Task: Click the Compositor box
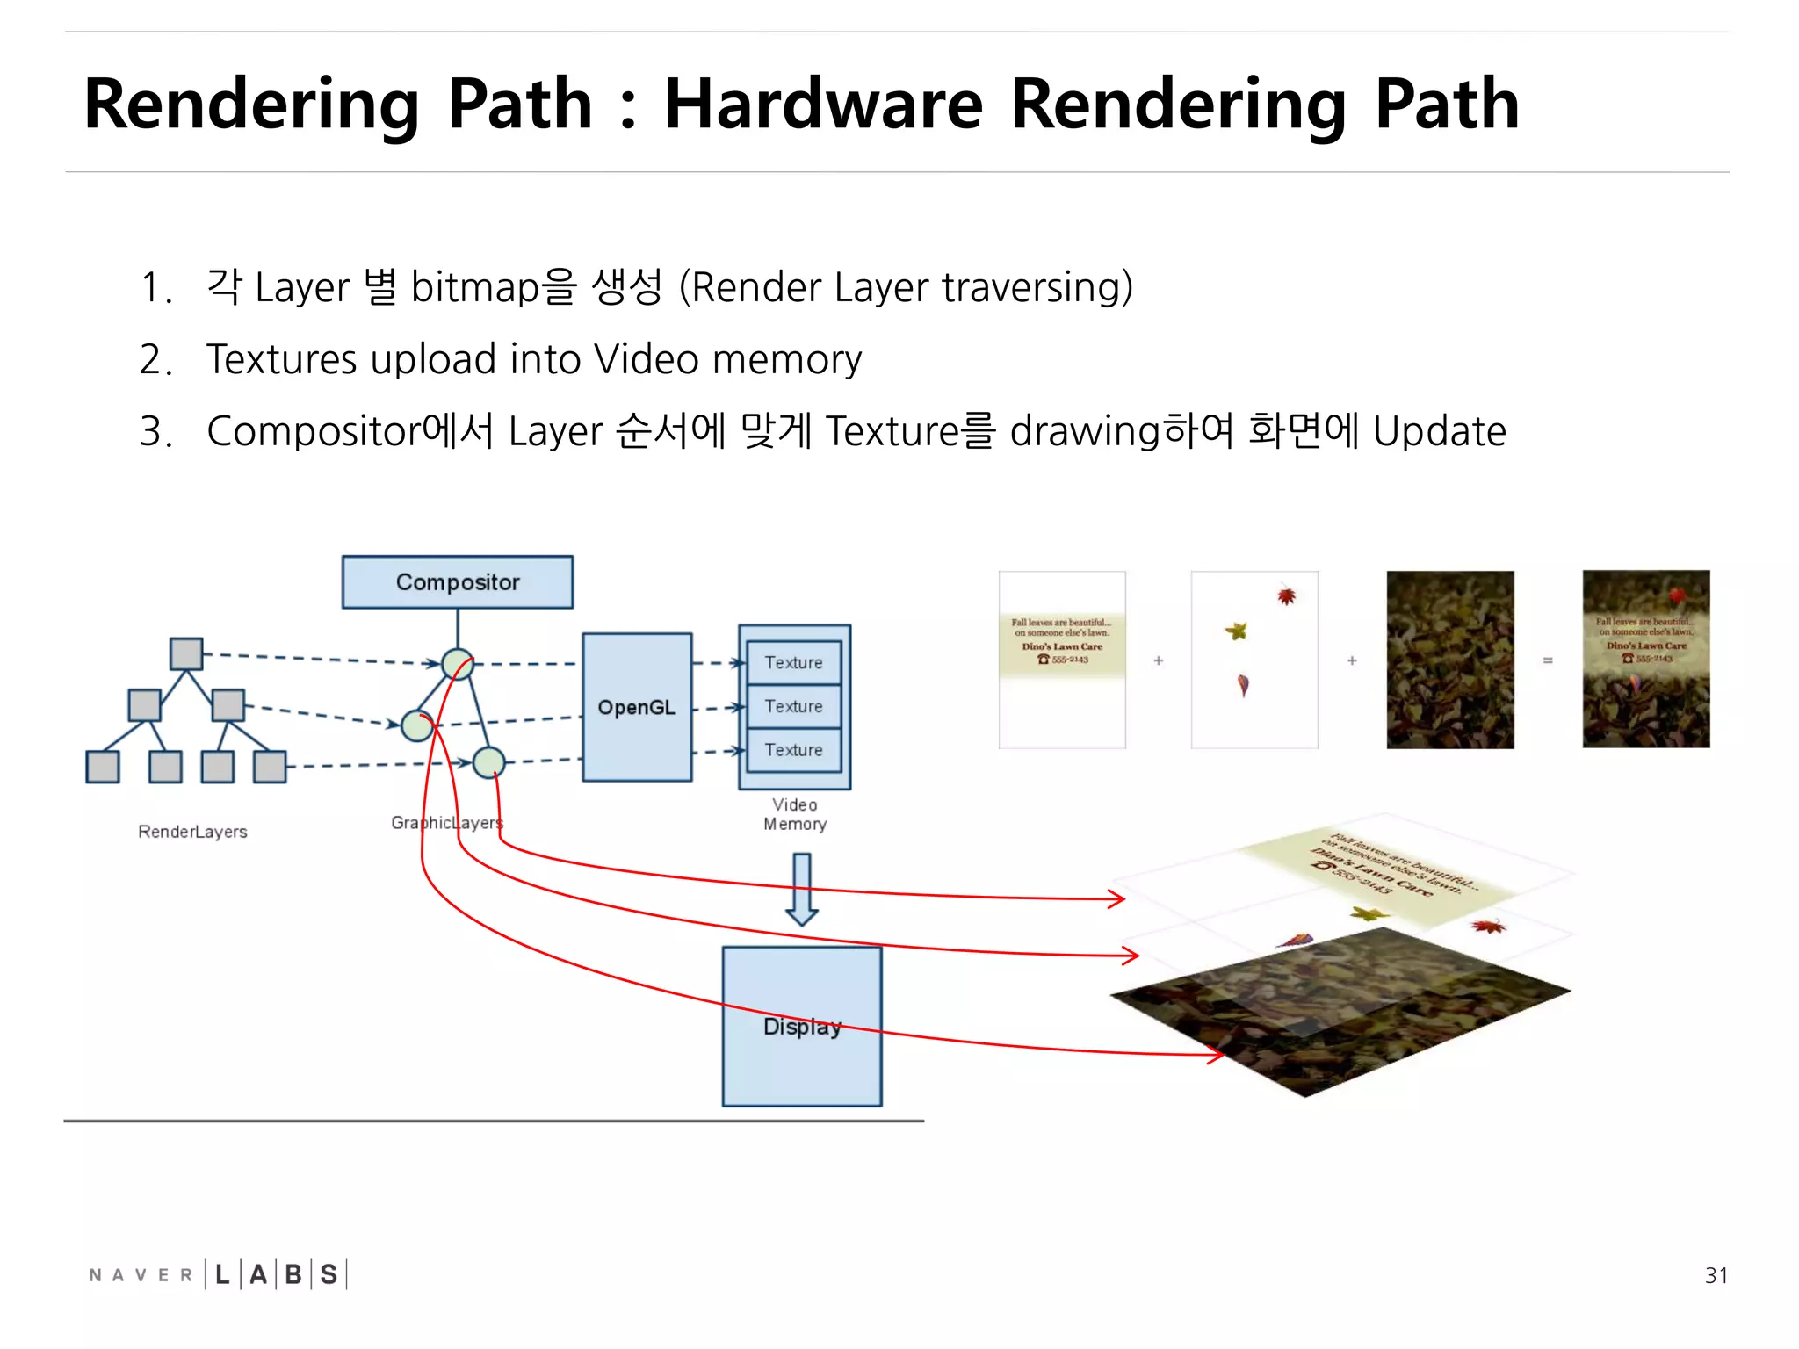click(x=457, y=581)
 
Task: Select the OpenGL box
click(x=637, y=707)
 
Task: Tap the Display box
click(x=801, y=1026)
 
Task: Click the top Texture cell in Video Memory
click(x=793, y=662)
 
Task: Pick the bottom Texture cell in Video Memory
click(x=793, y=750)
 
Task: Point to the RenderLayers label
click(x=192, y=832)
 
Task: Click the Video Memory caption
click(x=795, y=814)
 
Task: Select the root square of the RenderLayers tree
click(x=185, y=653)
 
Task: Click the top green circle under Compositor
click(x=458, y=664)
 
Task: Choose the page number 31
click(x=1716, y=1275)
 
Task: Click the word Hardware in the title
click(x=823, y=104)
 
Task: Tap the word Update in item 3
click(x=1439, y=431)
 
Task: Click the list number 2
click(x=155, y=359)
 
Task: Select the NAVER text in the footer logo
click(x=141, y=1275)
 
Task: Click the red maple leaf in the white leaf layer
click(x=1287, y=596)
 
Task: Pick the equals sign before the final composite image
click(x=1548, y=660)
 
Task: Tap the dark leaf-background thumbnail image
click(x=1449, y=660)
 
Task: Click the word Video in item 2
click(x=647, y=359)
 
